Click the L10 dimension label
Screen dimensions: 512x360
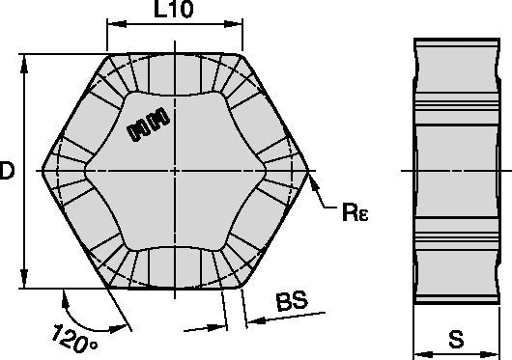[173, 9]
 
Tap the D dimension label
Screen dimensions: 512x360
[7, 170]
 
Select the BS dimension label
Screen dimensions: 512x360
[292, 301]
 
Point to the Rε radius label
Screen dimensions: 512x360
[356, 211]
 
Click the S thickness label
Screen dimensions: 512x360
[456, 340]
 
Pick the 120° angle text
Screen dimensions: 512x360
[74, 339]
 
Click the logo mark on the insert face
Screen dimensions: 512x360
[149, 125]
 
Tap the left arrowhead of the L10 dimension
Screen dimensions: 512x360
[117, 24]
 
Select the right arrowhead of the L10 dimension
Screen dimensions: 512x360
[233, 24]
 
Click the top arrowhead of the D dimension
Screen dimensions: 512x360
[24, 64]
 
